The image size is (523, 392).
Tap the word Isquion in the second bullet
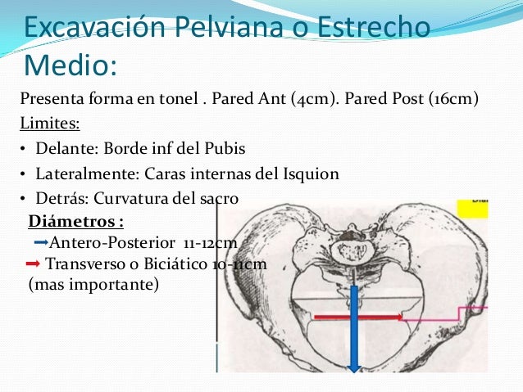pos(312,173)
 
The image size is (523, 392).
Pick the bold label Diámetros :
pos(75,223)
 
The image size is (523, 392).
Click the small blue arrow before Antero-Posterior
pos(41,243)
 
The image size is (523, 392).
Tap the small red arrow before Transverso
pos(34,264)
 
